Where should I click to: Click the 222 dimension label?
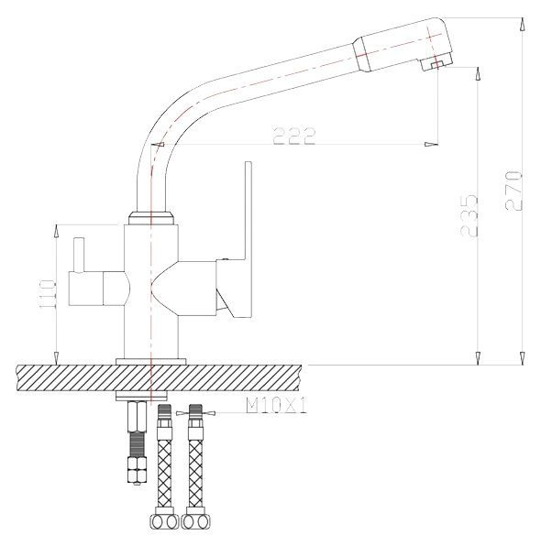click(294, 136)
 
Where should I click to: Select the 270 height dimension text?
click(513, 191)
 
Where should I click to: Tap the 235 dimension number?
click(469, 216)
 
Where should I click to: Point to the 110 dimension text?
click(47, 293)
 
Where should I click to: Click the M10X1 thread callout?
click(276, 406)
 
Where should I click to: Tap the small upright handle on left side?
click(79, 254)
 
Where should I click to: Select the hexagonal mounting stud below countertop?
click(138, 442)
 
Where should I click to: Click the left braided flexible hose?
click(164, 464)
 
